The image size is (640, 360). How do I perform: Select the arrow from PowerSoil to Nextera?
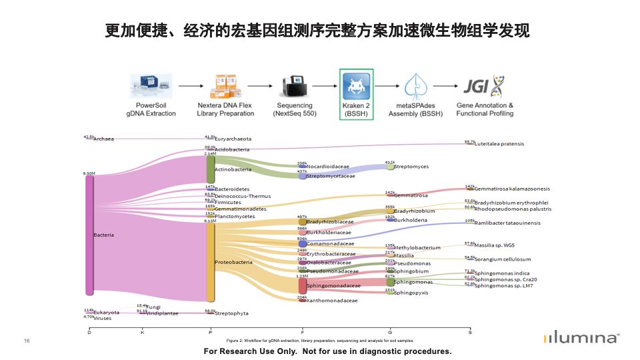pos(190,86)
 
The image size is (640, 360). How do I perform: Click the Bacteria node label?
pos(103,235)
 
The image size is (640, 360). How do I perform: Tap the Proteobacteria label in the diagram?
pos(233,262)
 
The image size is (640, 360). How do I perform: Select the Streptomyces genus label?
pos(411,167)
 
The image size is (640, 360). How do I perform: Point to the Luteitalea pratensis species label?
pos(499,143)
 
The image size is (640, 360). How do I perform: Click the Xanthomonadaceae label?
pos(332,301)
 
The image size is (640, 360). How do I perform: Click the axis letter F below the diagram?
pos(302,331)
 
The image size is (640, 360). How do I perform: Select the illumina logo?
pos(581,338)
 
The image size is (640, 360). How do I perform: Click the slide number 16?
pos(27,341)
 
